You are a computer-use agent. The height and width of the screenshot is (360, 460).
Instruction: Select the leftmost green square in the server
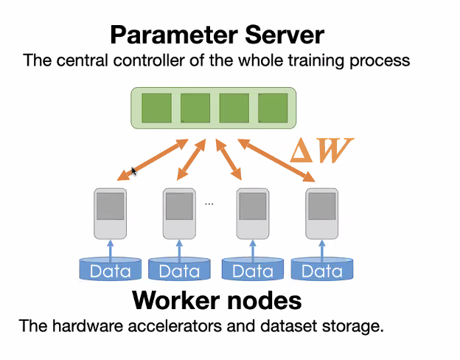click(156, 108)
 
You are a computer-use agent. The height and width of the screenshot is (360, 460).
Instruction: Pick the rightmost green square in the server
click(273, 108)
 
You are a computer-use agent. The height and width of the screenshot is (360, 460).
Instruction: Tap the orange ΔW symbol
click(321, 150)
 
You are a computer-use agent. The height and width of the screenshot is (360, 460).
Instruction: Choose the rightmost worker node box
click(322, 213)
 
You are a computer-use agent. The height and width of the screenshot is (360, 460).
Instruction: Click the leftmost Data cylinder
click(111, 269)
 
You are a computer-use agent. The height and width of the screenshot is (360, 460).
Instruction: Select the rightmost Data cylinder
click(322, 269)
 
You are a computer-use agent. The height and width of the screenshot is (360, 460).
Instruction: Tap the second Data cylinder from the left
click(179, 269)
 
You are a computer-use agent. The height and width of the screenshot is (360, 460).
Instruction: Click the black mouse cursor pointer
click(134, 172)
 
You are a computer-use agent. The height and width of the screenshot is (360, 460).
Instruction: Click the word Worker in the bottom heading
click(178, 301)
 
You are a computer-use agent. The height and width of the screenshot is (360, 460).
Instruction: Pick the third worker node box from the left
click(251, 213)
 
